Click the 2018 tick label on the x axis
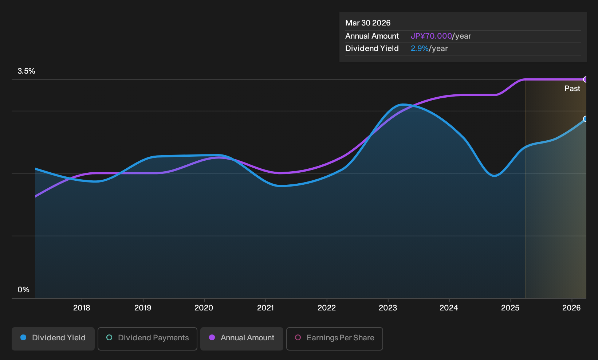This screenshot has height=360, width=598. point(82,308)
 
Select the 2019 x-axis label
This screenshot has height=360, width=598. point(143,308)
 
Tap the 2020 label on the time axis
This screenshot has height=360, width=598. point(204,308)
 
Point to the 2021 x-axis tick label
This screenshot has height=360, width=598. point(265,308)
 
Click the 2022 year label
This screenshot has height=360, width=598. point(327,308)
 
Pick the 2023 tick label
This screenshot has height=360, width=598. point(388,308)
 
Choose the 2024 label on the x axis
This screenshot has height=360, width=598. point(449,308)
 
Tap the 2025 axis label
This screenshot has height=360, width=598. point(510,308)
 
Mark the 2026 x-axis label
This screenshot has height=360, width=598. point(571,308)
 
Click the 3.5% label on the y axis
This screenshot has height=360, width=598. point(26,71)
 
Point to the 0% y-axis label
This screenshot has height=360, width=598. point(24,290)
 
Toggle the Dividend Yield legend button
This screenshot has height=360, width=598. point(53,339)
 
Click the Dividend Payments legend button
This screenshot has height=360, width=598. point(147,339)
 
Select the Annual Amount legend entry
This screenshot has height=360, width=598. point(241,339)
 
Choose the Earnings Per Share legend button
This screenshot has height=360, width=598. point(334,339)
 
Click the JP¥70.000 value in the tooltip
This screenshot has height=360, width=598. point(431,36)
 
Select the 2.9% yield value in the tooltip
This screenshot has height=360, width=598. point(420,48)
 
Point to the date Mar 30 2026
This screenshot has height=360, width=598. point(368,23)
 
